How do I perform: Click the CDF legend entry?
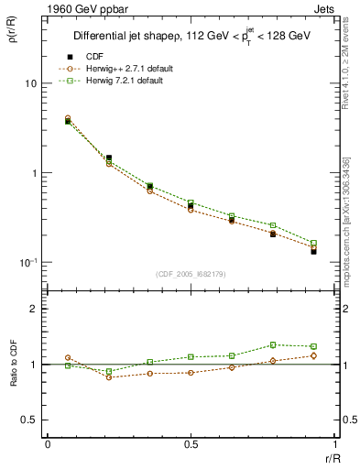(92, 58)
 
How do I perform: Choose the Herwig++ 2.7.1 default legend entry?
(120, 70)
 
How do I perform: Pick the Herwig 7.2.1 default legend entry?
(118, 82)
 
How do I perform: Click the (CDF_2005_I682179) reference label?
(191, 274)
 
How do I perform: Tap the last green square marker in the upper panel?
(313, 243)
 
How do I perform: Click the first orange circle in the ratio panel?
(68, 358)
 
